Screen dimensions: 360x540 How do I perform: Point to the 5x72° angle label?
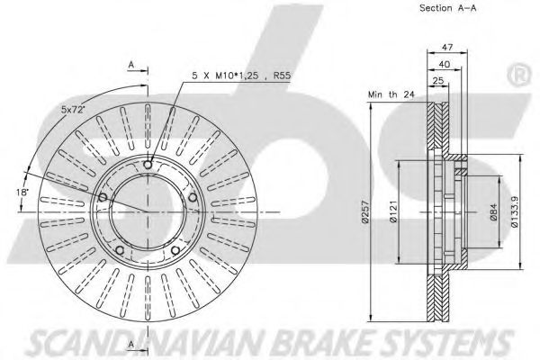tap(75, 109)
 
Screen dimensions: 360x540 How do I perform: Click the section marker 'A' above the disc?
tap(131, 66)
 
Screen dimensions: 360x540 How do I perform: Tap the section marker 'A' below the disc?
tap(131, 346)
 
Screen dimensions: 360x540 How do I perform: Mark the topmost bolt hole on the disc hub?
tap(148, 164)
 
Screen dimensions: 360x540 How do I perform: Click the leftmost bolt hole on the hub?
tap(103, 197)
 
